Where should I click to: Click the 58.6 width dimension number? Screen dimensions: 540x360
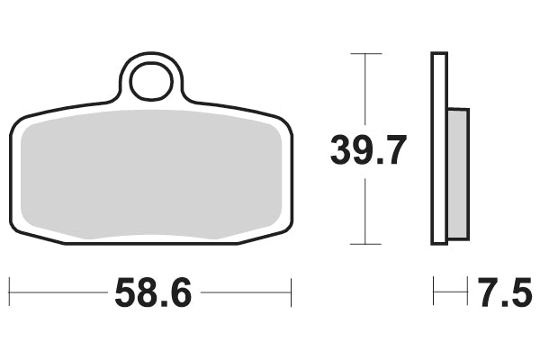153,292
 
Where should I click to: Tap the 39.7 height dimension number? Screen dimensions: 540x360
368,149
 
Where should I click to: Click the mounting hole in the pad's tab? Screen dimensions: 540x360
150,82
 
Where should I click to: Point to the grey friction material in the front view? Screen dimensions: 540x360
151,175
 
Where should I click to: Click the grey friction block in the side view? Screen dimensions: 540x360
458,174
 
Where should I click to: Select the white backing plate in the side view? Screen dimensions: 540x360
439,148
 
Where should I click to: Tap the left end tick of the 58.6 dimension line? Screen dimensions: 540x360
9,292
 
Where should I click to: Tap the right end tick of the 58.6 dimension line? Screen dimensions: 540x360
292,292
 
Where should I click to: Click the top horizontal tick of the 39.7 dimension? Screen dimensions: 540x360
365,53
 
